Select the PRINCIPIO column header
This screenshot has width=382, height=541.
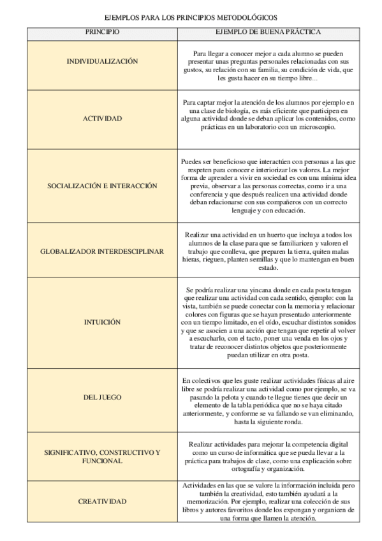pos(102,31)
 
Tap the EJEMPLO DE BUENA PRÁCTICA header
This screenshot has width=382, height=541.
pos(268,31)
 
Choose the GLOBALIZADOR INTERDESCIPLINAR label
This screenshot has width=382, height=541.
pos(102,251)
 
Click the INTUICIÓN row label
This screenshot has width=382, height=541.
pos(102,322)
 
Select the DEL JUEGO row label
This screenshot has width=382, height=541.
pos(102,397)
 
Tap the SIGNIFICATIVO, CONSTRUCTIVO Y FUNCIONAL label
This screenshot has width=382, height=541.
pos(102,456)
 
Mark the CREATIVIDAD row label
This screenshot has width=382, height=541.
pos(102,501)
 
